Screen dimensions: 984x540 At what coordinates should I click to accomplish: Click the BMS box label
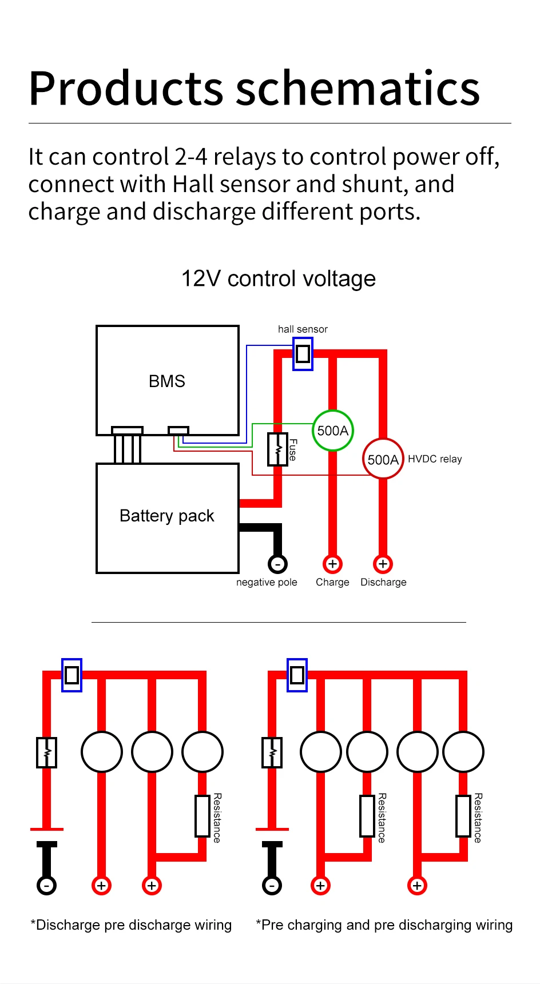[x=167, y=381]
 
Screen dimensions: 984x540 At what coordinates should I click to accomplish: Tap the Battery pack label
[x=167, y=516]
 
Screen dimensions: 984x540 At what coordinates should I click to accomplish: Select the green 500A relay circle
[x=332, y=431]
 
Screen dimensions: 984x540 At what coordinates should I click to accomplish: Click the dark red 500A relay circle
[x=383, y=459]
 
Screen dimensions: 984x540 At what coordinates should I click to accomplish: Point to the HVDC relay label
[x=435, y=459]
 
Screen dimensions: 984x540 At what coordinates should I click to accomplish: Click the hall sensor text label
[x=303, y=329]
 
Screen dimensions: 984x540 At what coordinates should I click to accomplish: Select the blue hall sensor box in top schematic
[x=303, y=354]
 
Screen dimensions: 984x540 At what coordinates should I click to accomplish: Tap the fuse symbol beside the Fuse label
[x=277, y=449]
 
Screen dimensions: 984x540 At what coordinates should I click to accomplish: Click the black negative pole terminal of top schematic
[x=277, y=564]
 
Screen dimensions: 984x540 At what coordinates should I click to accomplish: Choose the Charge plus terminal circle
[x=332, y=564]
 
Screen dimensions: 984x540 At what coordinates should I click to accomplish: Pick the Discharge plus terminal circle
[x=383, y=564]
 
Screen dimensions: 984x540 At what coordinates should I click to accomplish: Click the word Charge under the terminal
[x=332, y=582]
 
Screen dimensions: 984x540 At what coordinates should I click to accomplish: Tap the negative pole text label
[x=267, y=582]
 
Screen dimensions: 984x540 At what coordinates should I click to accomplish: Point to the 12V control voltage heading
[x=279, y=279]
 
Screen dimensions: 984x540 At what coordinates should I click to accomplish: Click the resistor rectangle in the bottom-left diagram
[x=202, y=816]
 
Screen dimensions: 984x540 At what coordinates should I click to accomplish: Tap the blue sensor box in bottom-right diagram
[x=297, y=675]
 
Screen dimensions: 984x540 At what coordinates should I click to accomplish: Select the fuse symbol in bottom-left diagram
[x=46, y=752]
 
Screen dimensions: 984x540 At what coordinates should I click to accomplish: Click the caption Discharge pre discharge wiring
[x=132, y=925]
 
